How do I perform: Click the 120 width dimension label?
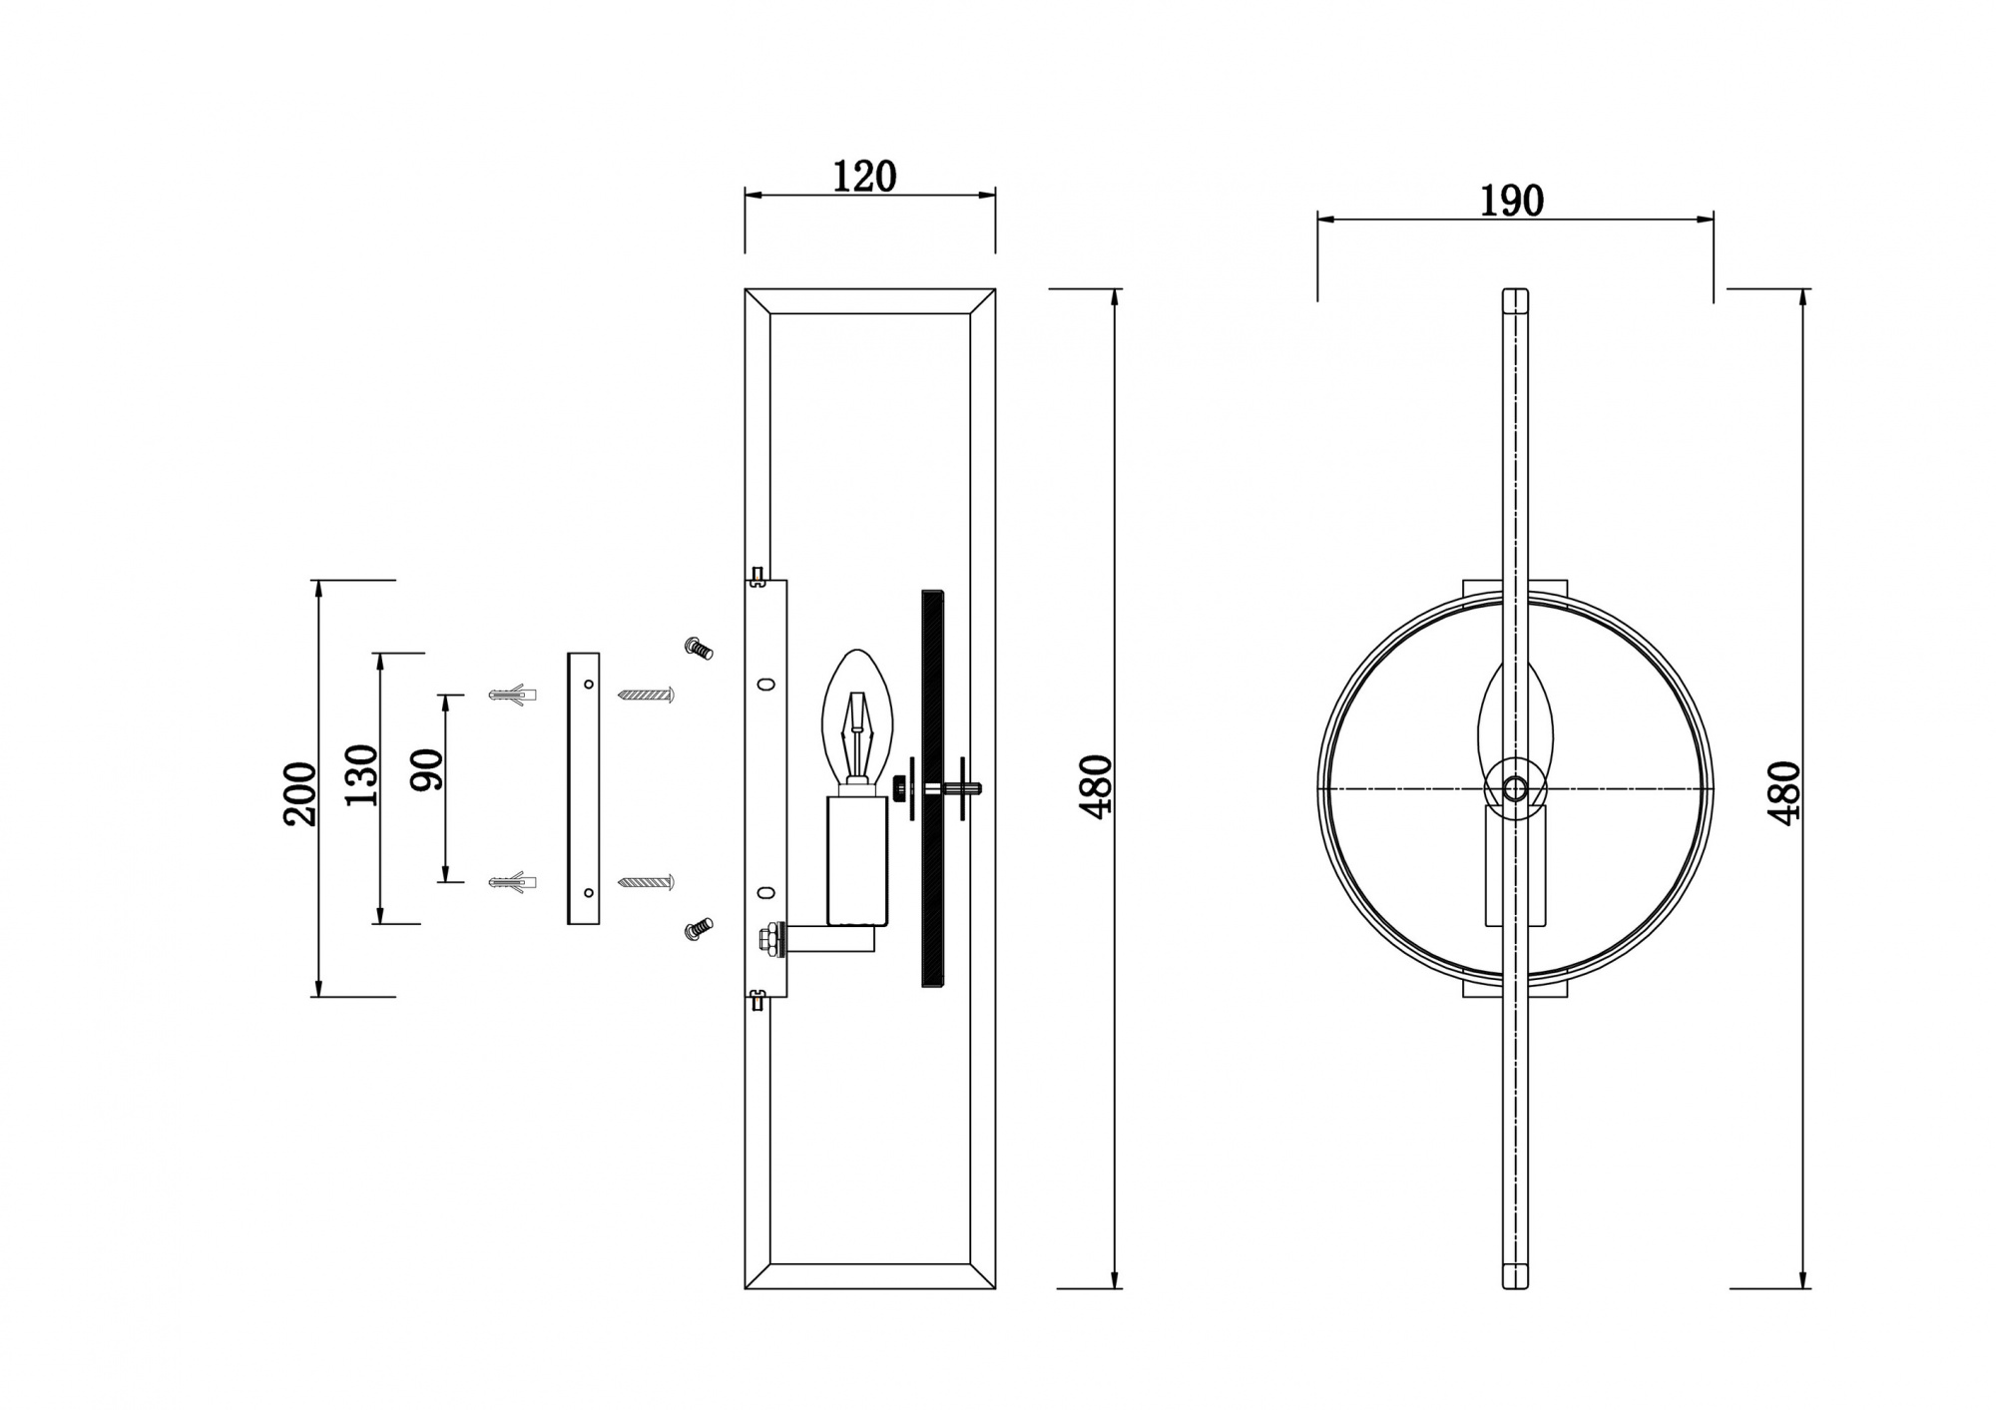click(864, 177)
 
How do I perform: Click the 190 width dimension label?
click(1511, 201)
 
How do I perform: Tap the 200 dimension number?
click(299, 793)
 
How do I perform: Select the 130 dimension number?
click(362, 775)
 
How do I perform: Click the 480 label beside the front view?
click(1784, 793)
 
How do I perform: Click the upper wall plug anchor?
click(513, 694)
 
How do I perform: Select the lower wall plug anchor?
click(513, 882)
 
